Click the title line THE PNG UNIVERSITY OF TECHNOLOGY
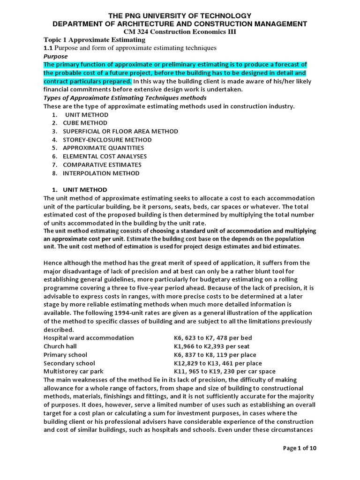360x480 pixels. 180,15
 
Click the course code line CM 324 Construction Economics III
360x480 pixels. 180,32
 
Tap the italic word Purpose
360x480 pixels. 56,56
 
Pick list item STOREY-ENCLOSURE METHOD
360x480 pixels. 107,140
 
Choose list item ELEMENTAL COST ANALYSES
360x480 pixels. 105,156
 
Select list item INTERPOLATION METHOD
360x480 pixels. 101,173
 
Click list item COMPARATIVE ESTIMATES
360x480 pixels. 102,165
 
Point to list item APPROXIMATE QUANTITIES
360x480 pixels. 103,148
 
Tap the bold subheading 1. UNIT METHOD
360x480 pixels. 79,190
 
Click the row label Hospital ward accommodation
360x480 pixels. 89,338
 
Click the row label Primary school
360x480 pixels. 65,355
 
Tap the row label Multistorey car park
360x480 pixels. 73,371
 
